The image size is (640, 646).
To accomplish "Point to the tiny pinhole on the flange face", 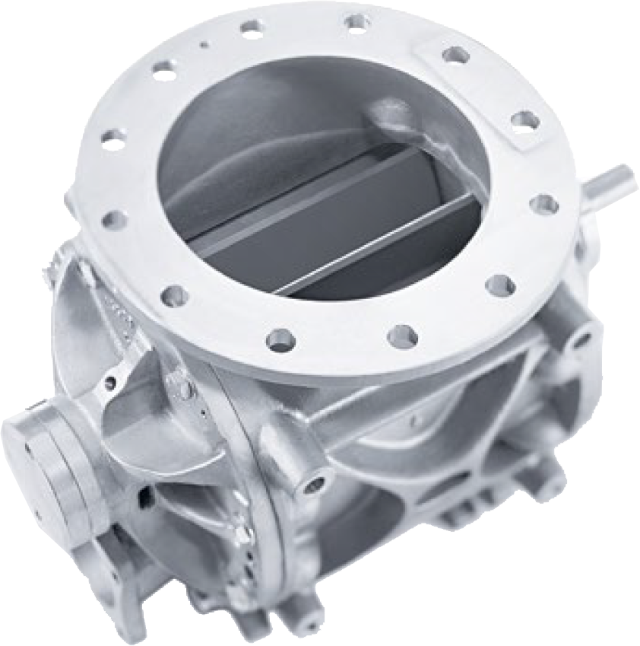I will pos(203,44).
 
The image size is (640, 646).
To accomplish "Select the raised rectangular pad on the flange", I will pos(486,91).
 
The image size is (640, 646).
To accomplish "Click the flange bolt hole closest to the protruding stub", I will pos(544,204).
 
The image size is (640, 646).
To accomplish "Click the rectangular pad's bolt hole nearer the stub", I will pos(525,119).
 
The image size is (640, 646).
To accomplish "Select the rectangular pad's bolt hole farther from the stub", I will pos(455,55).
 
